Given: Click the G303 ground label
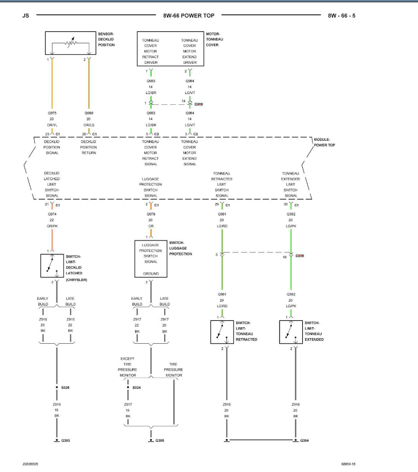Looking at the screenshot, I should (66, 440).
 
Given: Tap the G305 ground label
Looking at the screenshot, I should (160, 440).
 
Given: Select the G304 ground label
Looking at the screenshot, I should (306, 440).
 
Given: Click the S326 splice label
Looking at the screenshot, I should (66, 387).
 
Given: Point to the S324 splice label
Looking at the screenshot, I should (136, 387).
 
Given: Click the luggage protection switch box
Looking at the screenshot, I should (151, 258).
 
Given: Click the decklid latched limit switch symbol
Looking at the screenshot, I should (52, 266).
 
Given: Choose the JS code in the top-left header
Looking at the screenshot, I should (25, 16).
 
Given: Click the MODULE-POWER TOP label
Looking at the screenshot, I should (325, 142).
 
